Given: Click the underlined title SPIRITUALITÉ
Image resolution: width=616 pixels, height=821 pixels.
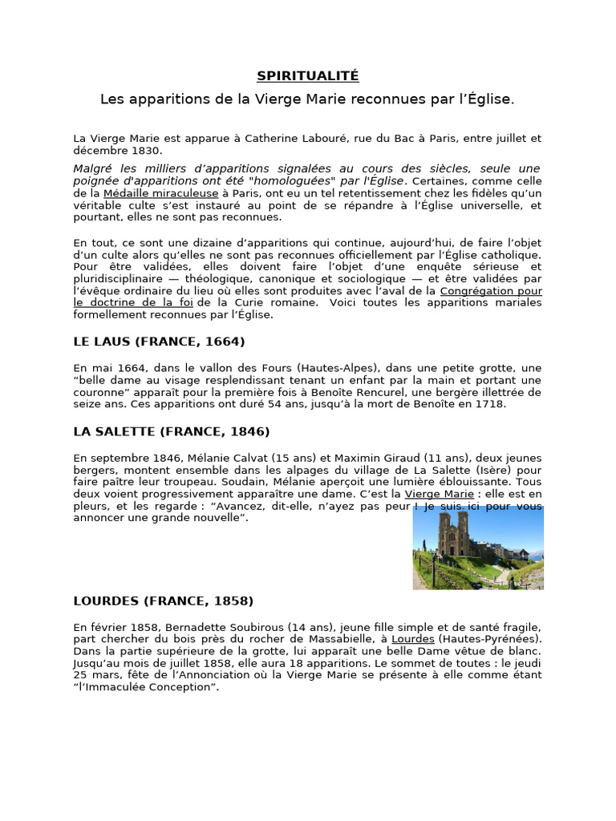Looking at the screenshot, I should tap(308, 76).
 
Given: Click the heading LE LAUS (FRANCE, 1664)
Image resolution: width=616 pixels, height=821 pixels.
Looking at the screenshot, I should tap(159, 342).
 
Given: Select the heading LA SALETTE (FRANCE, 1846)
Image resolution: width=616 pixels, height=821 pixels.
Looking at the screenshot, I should tap(172, 431).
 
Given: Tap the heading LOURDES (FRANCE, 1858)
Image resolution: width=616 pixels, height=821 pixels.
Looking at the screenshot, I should tap(164, 601).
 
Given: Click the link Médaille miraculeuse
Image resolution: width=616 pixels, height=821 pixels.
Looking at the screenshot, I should tap(160, 193).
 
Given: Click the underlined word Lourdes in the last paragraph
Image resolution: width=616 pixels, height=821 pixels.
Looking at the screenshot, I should tap(413, 639).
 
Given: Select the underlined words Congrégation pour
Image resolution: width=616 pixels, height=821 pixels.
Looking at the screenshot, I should tap(491, 291).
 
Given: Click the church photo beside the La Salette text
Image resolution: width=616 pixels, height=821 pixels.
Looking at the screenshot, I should tap(478, 548).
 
